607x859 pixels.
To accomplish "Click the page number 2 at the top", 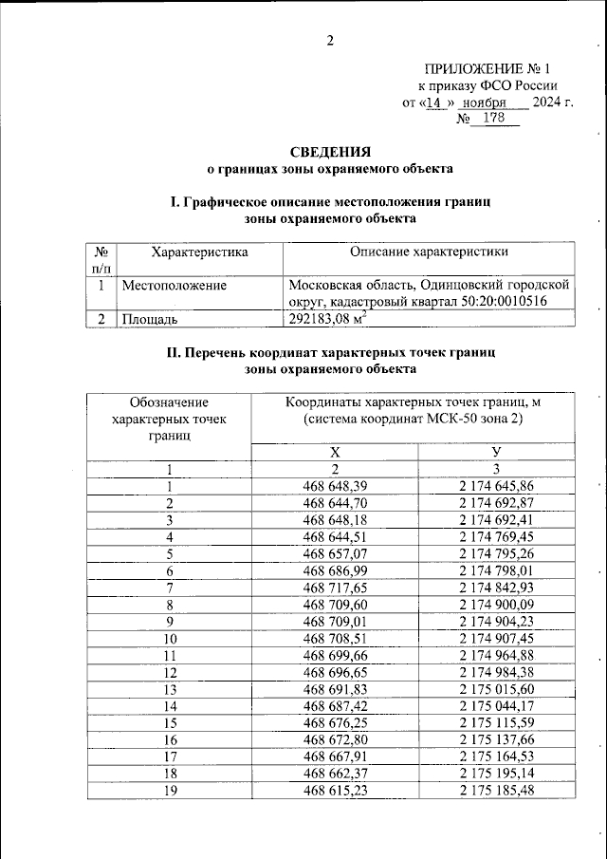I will (x=330, y=40).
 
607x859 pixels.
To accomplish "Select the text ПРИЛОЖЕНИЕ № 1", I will (x=487, y=69).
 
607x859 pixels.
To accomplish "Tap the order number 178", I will (x=494, y=118).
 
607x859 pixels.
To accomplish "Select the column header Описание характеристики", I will (x=429, y=252).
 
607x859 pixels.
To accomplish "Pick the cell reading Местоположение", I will (x=174, y=284).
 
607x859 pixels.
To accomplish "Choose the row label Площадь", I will (x=150, y=319).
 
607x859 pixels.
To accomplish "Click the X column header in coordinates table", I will (x=334, y=452).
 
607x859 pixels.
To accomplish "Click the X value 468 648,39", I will (x=334, y=486).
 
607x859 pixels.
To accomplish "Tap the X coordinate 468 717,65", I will (x=334, y=588).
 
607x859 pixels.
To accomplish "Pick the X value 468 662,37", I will (x=334, y=775).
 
